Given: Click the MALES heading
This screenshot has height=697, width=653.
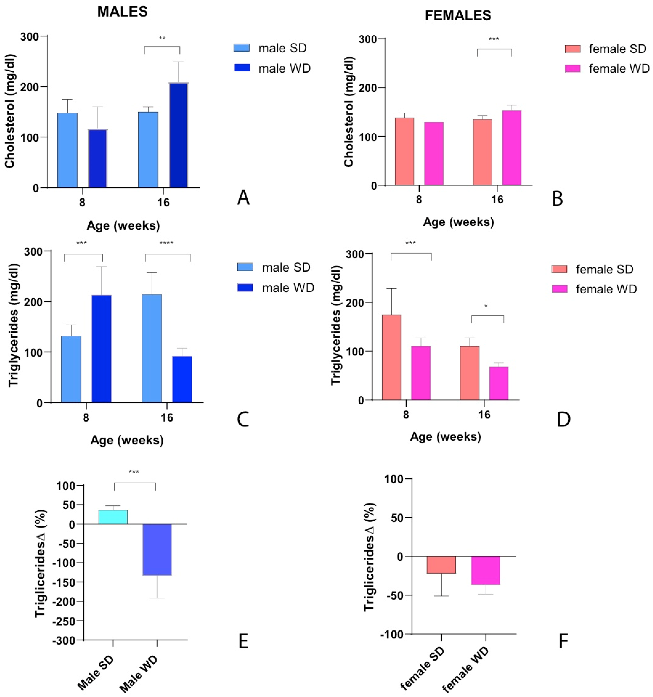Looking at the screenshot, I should pos(122,12).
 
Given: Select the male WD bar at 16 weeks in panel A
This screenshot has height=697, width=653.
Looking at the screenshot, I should pos(178,135).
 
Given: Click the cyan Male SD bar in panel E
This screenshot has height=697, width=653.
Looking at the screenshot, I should pos(113,517).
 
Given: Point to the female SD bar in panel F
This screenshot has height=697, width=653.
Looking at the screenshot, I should pos(441,565).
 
